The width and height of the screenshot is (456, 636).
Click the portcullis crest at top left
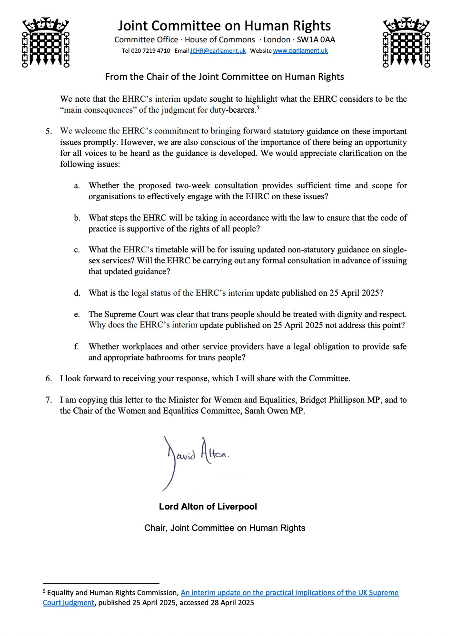point(46,42)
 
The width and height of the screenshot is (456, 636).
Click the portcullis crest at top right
point(406,42)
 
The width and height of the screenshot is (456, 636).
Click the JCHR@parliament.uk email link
point(218,51)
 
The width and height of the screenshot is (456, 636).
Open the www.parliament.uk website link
point(300,51)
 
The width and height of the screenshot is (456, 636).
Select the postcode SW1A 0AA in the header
point(316,40)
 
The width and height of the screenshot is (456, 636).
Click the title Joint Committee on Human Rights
point(224,26)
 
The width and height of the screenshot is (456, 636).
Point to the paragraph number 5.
point(49,131)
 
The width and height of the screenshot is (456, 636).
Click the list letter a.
point(77,185)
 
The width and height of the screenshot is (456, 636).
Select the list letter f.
point(76,347)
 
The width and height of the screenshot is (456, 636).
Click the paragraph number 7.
point(49,400)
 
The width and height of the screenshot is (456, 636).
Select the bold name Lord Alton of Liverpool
point(208,507)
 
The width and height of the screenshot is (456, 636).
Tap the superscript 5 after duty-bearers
point(258,107)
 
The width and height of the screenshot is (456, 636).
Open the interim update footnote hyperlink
point(289,593)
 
